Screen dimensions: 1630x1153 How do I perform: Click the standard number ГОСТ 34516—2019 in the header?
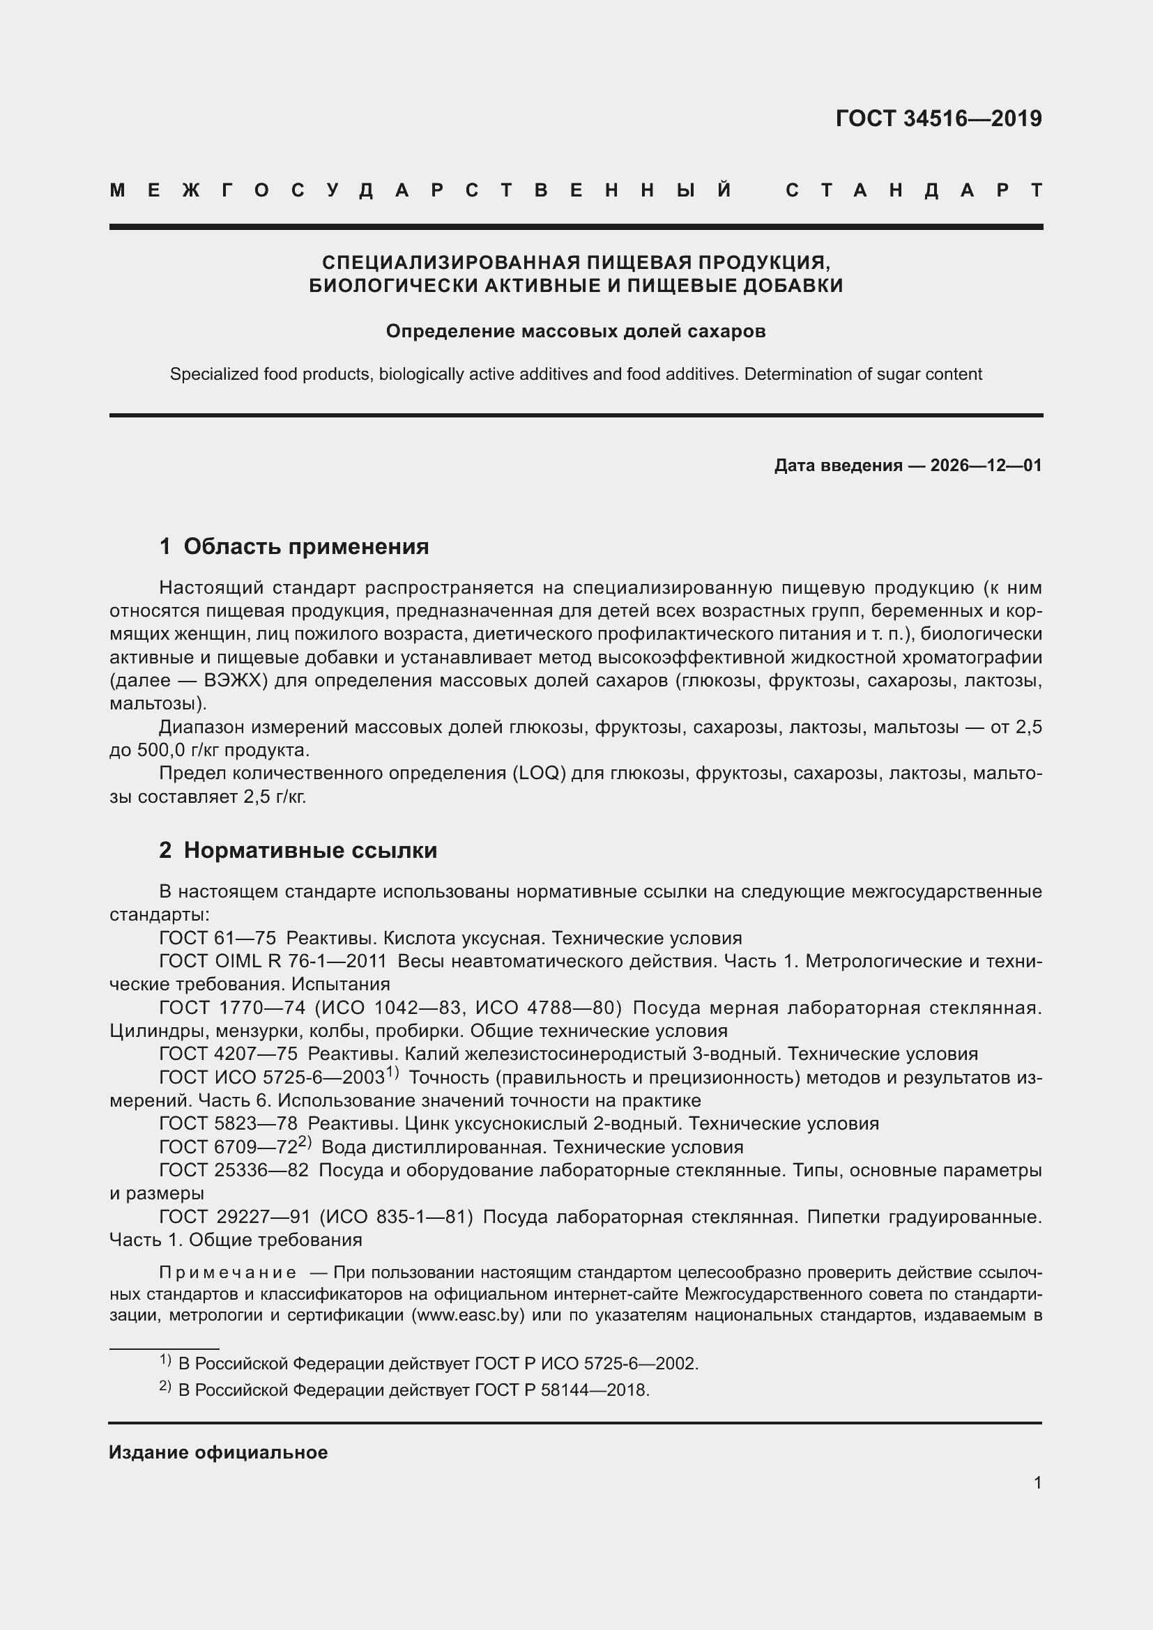point(938,118)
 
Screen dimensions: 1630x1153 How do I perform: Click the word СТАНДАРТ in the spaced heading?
point(914,190)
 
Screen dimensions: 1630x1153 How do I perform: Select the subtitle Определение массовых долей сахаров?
point(576,331)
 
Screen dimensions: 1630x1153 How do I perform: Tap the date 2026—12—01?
point(986,466)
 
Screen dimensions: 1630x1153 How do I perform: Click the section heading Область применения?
point(306,546)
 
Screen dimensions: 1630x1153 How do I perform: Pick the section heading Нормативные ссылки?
point(310,849)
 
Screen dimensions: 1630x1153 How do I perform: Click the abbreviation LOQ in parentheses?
point(538,773)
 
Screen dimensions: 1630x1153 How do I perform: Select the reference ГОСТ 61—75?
point(217,939)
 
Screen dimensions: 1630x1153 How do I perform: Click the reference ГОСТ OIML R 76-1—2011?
point(273,961)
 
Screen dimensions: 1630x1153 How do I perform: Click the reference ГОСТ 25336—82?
point(234,1170)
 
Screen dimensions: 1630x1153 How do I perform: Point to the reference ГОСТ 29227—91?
point(234,1217)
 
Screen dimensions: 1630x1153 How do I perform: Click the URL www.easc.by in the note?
point(467,1315)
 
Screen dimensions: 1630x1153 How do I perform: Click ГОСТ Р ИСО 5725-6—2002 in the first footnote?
point(586,1364)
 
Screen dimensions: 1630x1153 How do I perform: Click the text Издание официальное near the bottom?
point(218,1452)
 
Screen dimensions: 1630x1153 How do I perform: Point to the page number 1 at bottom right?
point(1037,1483)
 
